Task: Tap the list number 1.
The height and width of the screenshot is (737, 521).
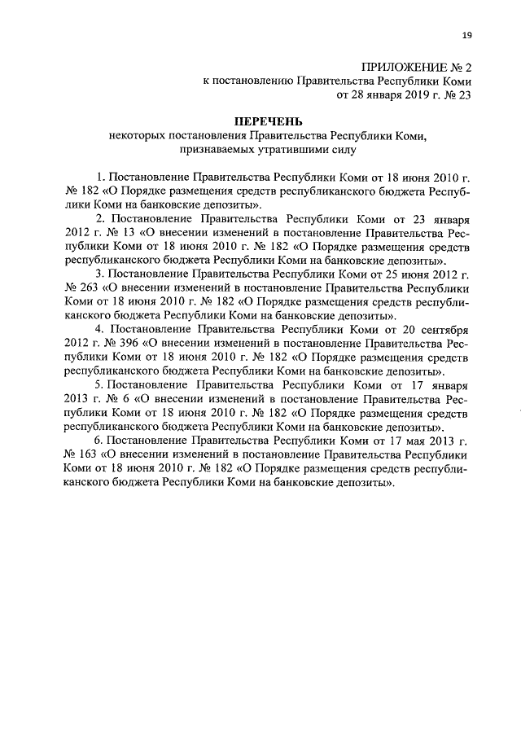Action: [99, 177]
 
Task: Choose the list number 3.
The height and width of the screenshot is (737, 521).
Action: [99, 273]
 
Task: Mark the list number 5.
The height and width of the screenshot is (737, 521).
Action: [99, 384]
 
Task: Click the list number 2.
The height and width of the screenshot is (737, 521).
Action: [99, 218]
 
